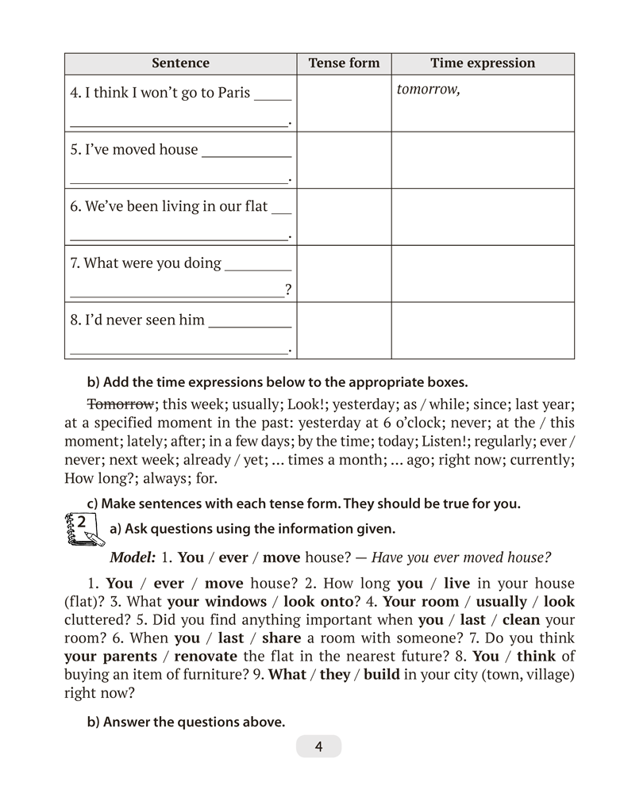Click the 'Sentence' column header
(180, 63)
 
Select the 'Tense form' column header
(344, 63)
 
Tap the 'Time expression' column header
(483, 63)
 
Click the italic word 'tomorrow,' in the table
(428, 90)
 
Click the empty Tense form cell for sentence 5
(344, 160)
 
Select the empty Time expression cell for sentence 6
(483, 217)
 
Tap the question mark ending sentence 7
(288, 291)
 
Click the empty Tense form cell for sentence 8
(344, 331)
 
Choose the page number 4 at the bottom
(318, 746)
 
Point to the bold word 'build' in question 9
(382, 675)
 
